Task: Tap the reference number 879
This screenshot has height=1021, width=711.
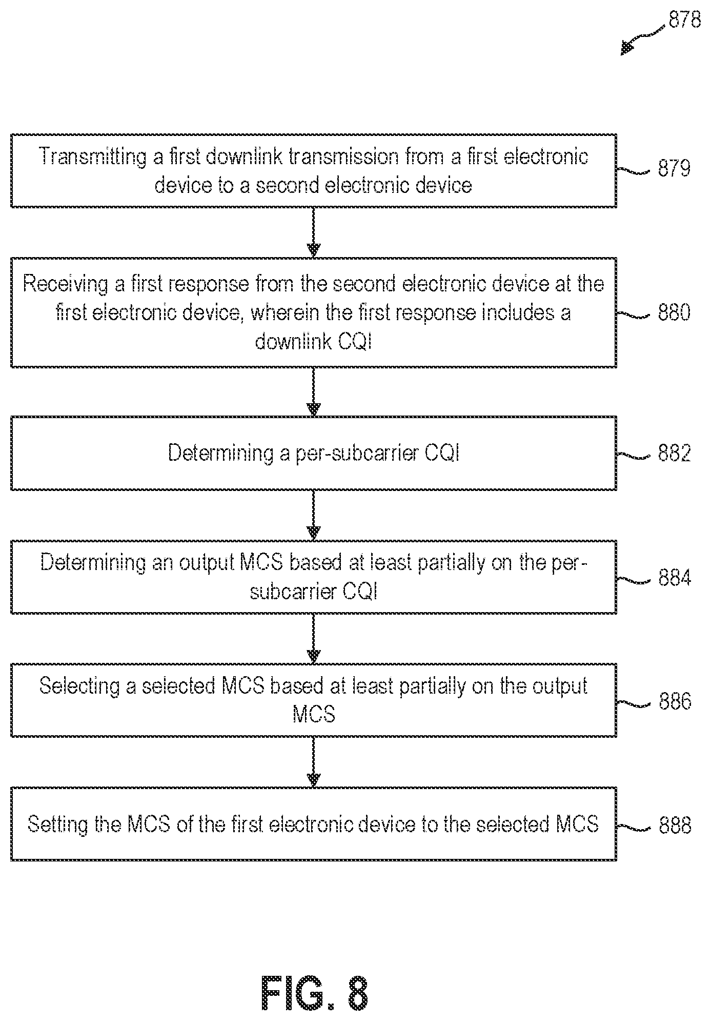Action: (x=674, y=168)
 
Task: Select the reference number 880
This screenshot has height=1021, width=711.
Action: (x=674, y=312)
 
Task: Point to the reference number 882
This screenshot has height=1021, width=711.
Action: (x=674, y=453)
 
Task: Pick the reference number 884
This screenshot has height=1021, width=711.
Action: (x=675, y=578)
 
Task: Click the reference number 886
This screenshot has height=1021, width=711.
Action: (x=675, y=701)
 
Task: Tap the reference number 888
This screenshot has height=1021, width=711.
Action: (x=675, y=826)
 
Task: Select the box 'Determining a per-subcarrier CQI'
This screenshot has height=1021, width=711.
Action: (x=314, y=453)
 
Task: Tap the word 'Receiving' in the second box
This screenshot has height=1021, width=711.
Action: (x=66, y=284)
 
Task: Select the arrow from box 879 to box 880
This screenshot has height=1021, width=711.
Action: (x=313, y=232)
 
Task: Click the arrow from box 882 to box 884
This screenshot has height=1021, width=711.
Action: (x=313, y=515)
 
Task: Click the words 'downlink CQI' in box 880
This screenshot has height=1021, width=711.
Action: (x=313, y=341)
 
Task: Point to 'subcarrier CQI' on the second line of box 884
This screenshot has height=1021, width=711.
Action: (x=314, y=592)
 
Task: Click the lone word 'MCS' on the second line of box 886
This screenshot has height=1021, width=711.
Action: (x=314, y=714)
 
